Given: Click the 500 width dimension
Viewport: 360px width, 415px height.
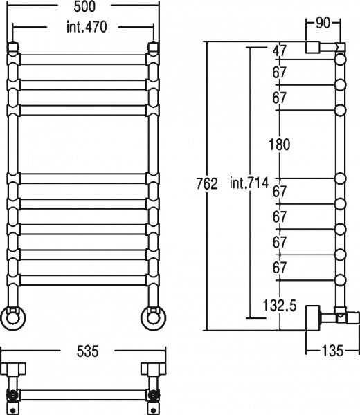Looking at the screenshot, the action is pos(84,7).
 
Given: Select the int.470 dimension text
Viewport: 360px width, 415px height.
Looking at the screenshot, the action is pos(87,27).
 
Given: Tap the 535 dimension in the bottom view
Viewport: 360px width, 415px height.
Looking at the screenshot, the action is pos(87,351).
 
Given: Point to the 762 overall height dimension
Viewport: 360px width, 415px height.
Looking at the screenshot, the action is pos(207,183).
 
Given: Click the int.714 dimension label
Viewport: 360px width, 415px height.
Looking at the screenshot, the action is pos(249,183).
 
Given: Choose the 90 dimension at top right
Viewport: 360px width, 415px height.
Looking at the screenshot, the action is pos(323,23).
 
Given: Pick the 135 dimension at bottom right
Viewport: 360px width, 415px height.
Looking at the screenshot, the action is pos(332,351).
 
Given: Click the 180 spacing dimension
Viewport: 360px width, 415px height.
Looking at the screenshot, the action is pos(280,145).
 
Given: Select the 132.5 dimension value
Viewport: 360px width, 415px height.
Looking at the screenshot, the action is pos(280,306).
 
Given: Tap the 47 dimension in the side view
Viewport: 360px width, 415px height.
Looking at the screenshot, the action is pos(280,50).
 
